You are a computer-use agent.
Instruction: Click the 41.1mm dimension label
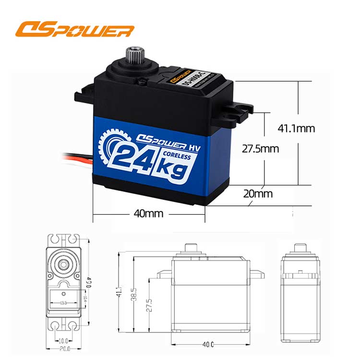(296, 128)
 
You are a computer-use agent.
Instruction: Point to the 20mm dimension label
(257, 194)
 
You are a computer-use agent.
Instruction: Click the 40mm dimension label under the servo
(148, 213)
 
